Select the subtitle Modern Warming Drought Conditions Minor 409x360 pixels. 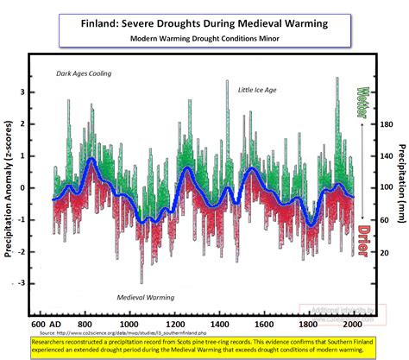(x=204, y=39)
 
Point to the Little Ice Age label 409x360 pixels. (x=258, y=90)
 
